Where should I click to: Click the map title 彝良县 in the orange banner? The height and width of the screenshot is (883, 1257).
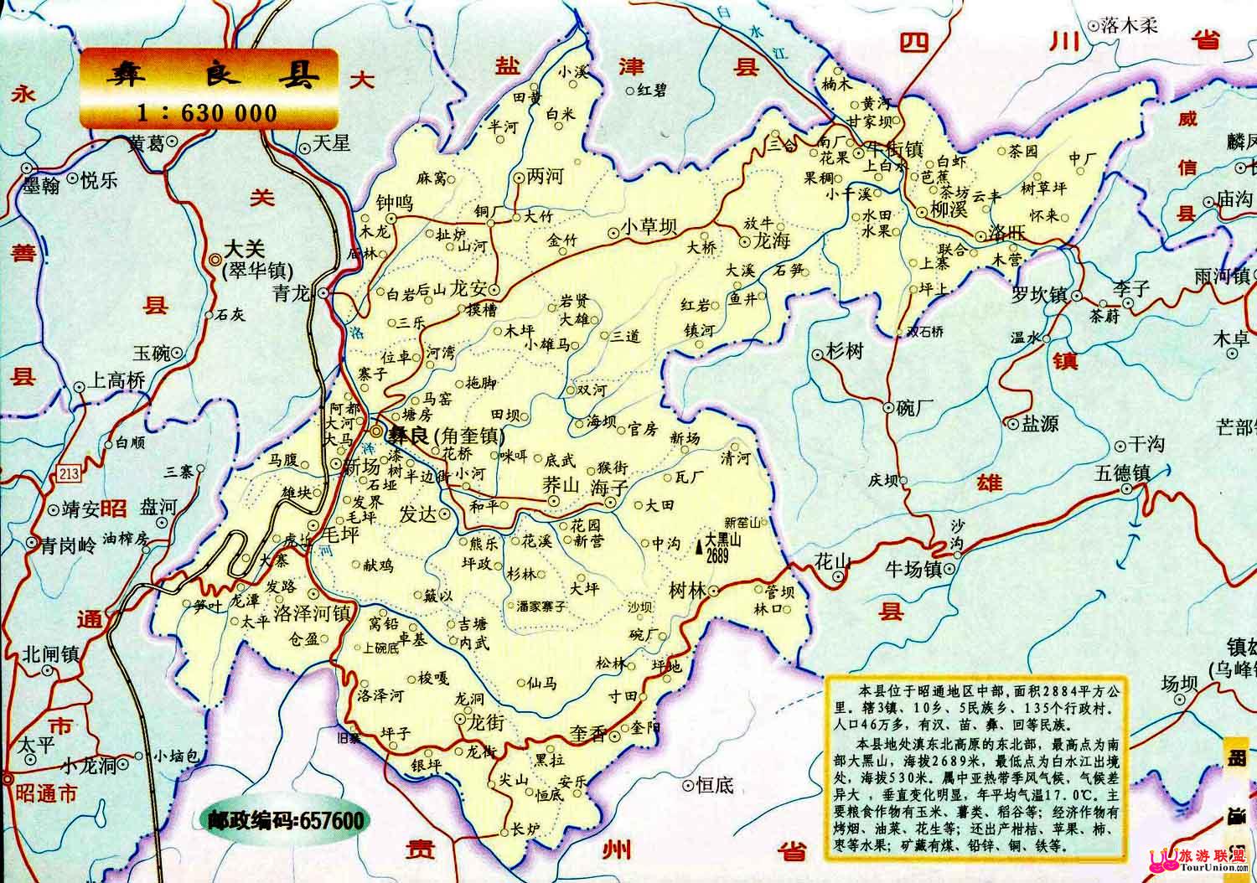click(209, 77)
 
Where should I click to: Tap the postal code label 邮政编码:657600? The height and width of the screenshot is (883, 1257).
click(285, 819)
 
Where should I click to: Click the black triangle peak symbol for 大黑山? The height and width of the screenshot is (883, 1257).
click(699, 546)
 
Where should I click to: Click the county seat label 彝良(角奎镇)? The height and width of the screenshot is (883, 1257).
click(444, 436)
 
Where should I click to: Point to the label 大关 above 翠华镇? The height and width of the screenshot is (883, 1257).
click(244, 249)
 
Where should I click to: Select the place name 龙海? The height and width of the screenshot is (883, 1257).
click(773, 241)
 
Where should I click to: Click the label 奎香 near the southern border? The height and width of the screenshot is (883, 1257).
click(588, 735)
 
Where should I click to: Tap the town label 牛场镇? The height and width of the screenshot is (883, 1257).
click(913, 571)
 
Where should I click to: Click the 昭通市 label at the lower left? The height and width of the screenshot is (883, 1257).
click(47, 793)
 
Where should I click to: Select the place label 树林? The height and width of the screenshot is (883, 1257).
click(687, 591)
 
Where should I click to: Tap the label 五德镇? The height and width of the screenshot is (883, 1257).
click(1121, 473)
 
